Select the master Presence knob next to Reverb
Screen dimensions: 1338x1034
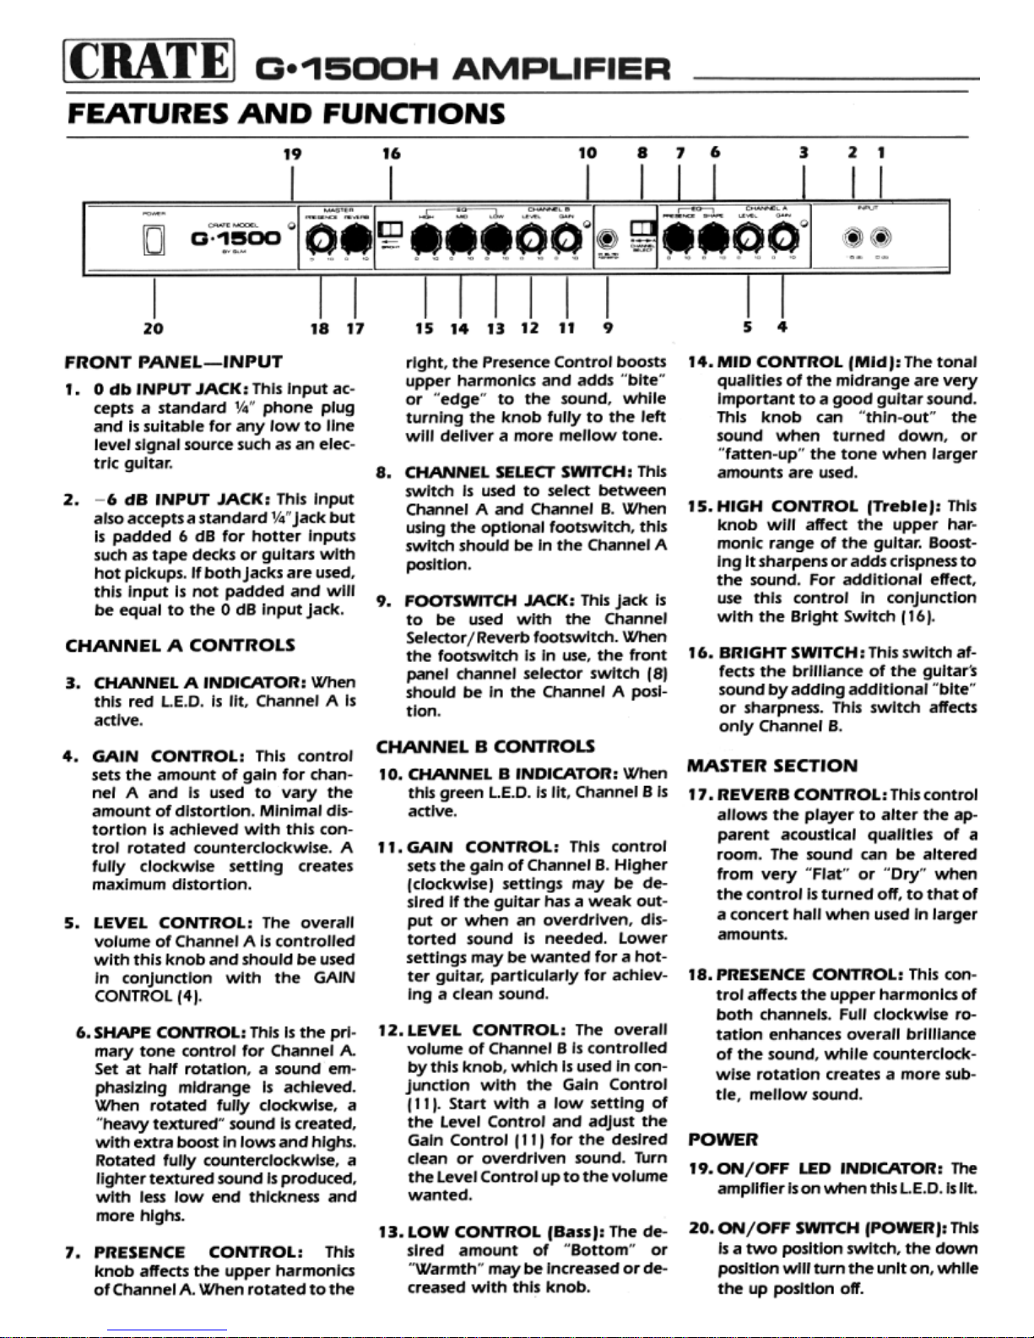click(x=320, y=242)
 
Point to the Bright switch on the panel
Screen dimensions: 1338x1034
click(x=391, y=230)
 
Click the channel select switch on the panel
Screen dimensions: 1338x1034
click(x=643, y=229)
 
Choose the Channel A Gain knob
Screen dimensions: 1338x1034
click(x=784, y=241)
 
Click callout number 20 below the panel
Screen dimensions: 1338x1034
click(x=154, y=328)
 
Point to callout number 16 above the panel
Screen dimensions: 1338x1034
click(x=391, y=153)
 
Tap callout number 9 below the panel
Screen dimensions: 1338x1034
click(x=608, y=328)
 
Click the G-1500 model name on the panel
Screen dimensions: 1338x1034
click(x=235, y=239)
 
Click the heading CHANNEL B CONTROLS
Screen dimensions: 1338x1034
click(x=485, y=746)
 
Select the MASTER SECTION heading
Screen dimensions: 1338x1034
click(x=771, y=766)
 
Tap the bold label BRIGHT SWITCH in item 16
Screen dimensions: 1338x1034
click(x=791, y=653)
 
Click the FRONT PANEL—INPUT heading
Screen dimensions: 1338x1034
click(x=173, y=362)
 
